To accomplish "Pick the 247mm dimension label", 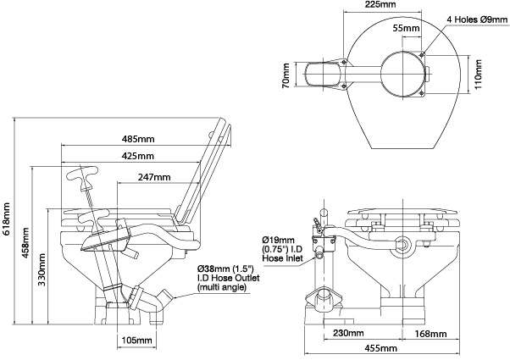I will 154,177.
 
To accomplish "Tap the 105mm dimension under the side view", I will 136,340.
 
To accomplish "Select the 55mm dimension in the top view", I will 407,29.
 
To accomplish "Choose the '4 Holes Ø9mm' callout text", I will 478,17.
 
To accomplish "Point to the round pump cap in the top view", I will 401,73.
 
